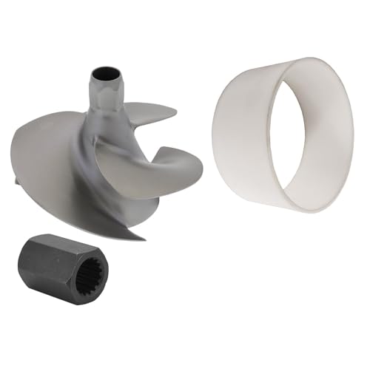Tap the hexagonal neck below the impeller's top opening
[x=102, y=96]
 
